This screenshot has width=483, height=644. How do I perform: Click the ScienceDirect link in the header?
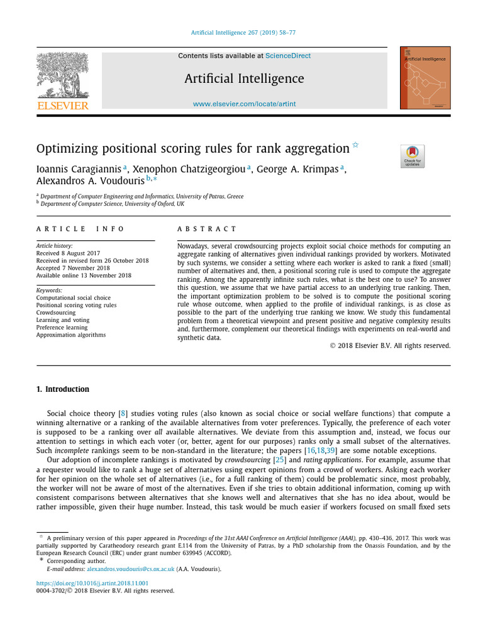[287, 56]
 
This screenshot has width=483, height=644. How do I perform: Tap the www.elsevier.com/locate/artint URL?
[244, 104]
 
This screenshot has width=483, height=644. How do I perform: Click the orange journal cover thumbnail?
[425, 77]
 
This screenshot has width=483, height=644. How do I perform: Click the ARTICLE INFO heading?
[80, 229]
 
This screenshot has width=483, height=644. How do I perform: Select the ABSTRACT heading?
[207, 229]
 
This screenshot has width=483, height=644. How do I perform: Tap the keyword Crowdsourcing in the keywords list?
[56, 313]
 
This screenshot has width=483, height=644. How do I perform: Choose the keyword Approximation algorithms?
[71, 335]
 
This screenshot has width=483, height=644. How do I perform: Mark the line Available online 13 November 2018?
[84, 275]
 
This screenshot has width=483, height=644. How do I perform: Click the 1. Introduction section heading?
[63, 389]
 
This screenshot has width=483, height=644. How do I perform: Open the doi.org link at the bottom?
[93, 583]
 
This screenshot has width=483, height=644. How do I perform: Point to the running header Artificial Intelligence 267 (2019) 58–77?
[244, 33]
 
